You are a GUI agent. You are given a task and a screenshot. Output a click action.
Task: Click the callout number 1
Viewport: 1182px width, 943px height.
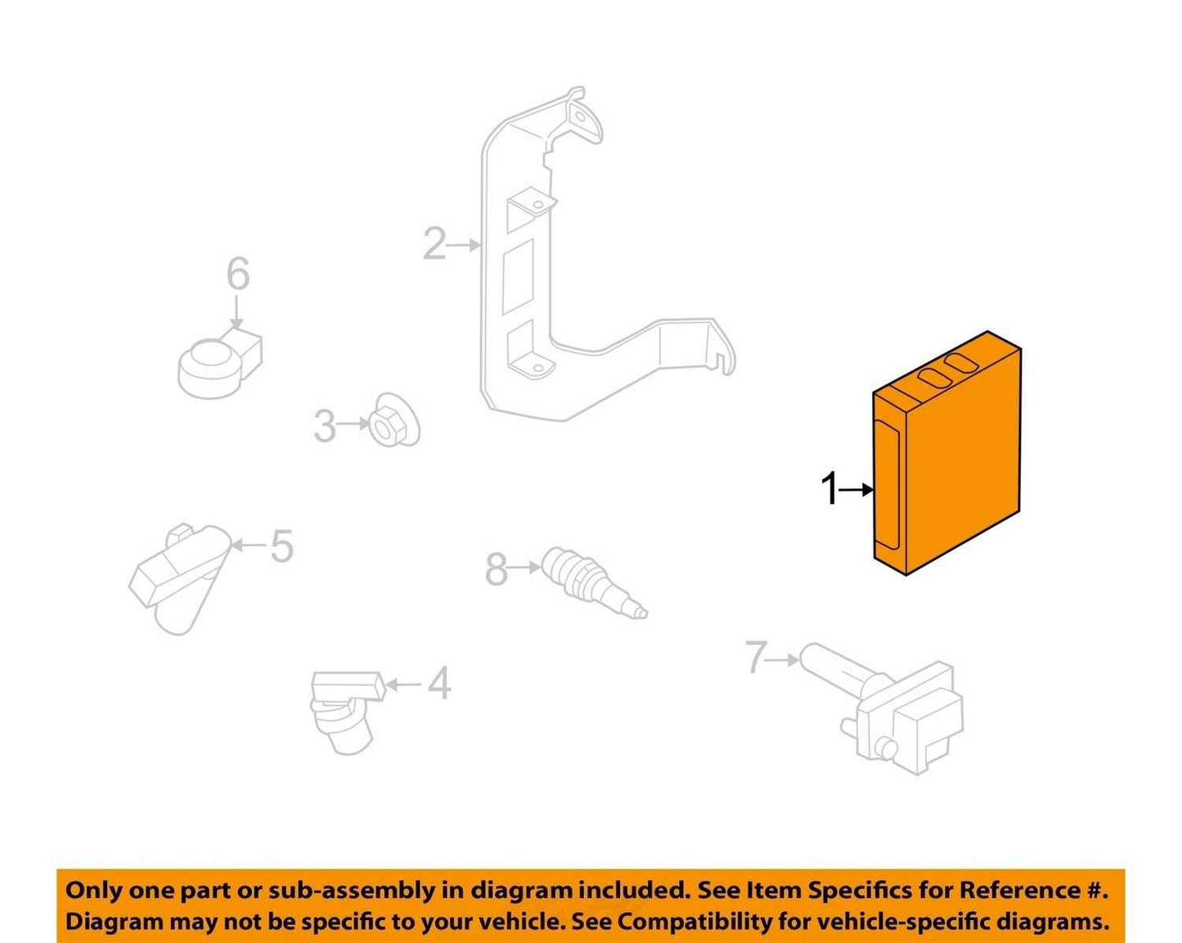(x=829, y=489)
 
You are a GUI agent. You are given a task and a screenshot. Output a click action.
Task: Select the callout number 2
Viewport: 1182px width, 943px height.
(x=434, y=244)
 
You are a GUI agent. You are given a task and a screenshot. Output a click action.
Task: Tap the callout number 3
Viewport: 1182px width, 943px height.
(x=325, y=425)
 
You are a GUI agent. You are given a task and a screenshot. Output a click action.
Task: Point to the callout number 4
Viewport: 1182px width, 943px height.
(x=439, y=684)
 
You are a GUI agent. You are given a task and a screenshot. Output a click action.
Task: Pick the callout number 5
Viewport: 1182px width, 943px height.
(x=282, y=546)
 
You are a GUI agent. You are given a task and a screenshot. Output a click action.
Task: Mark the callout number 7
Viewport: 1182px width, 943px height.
(x=757, y=658)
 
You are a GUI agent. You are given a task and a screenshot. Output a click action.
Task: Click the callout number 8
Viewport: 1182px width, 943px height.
(x=497, y=569)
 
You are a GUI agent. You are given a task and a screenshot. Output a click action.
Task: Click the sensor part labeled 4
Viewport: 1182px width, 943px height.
(x=347, y=712)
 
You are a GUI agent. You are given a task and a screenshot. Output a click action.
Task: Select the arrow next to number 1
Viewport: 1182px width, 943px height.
(x=856, y=489)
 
